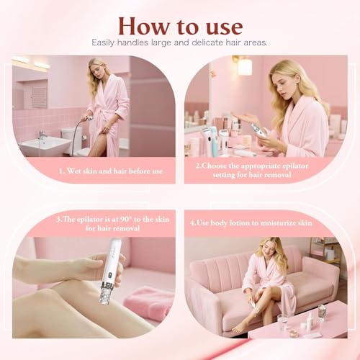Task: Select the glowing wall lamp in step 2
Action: click(x=244, y=66)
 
